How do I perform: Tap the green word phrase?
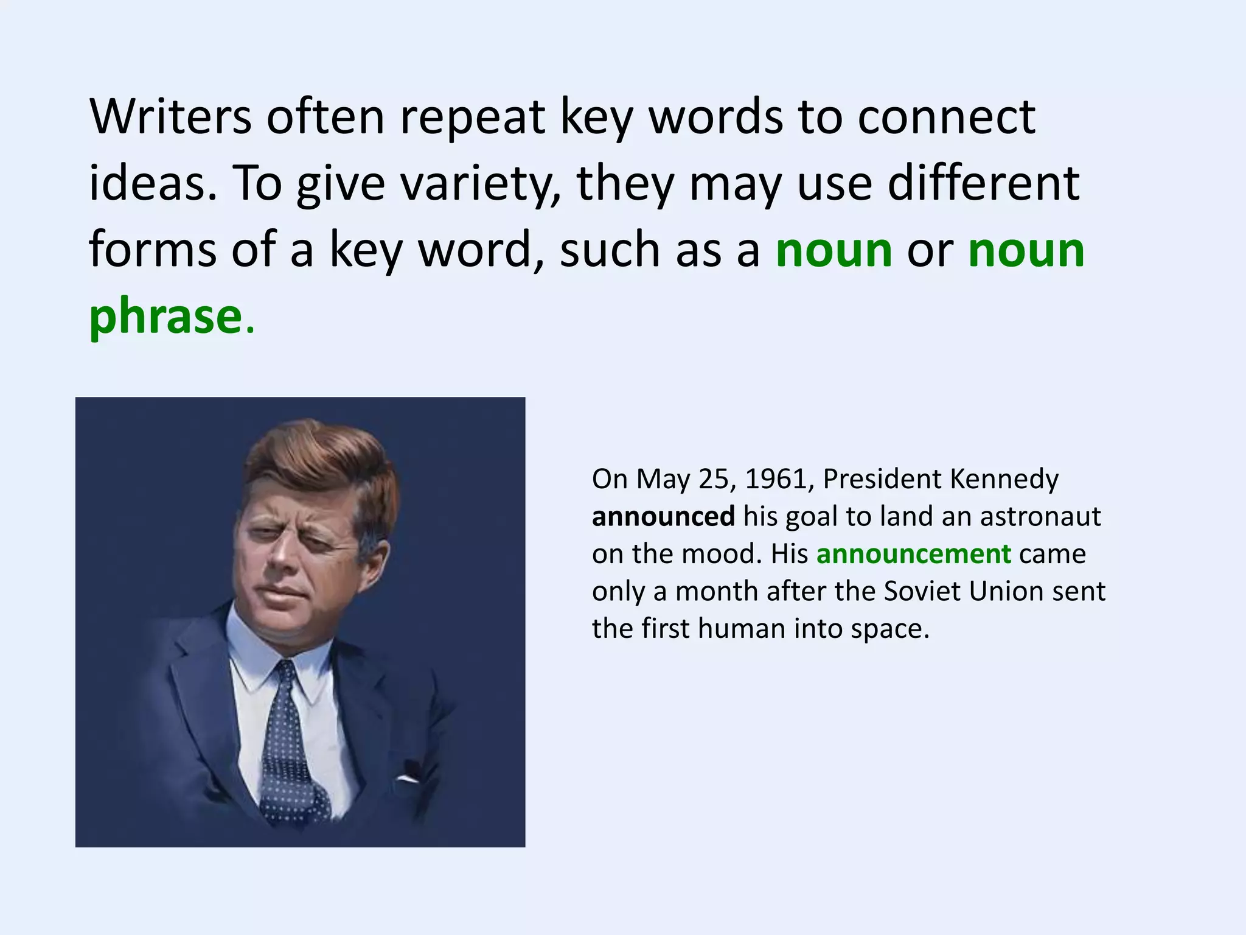pyautogui.click(x=165, y=317)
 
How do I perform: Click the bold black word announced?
pyautogui.click(x=663, y=517)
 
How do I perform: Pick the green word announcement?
pyautogui.click(x=913, y=554)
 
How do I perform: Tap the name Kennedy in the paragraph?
pyautogui.click(x=1004, y=479)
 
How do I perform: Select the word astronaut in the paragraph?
pyautogui.click(x=1040, y=517)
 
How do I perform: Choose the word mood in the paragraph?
pyautogui.click(x=721, y=554)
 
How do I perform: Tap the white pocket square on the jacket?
pyautogui.click(x=408, y=779)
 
